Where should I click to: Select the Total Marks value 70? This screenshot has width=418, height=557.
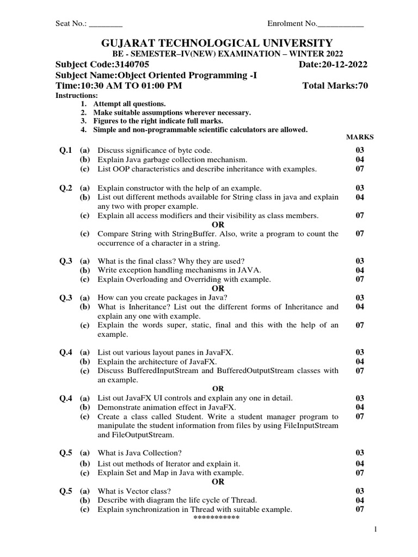[362, 86]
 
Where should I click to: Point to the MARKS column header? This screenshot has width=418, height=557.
[360, 137]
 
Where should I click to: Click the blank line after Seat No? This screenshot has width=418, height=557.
[106, 24]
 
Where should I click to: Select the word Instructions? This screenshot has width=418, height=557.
[77, 95]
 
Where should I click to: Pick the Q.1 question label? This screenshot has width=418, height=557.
[66, 150]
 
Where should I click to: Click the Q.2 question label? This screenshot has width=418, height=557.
[66, 188]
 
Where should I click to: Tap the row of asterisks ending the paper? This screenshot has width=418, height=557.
[217, 518]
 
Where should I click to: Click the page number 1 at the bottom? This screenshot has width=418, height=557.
[375, 529]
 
